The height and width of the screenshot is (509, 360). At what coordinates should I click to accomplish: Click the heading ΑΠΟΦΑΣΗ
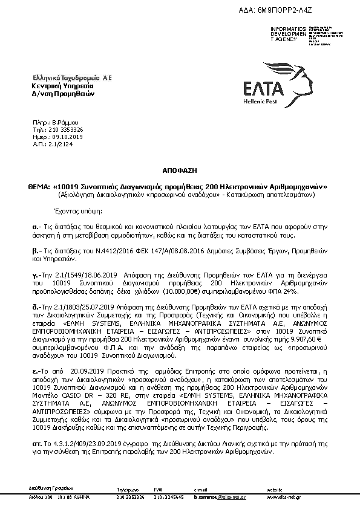click(x=179, y=171)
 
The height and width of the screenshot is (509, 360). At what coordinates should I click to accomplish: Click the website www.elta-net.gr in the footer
click(x=283, y=497)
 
